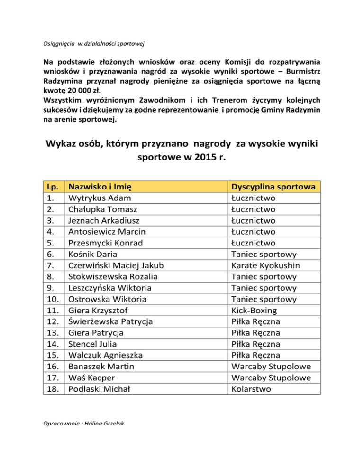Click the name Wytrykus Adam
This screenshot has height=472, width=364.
(x=100, y=198)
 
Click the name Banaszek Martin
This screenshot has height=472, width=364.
(x=101, y=367)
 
